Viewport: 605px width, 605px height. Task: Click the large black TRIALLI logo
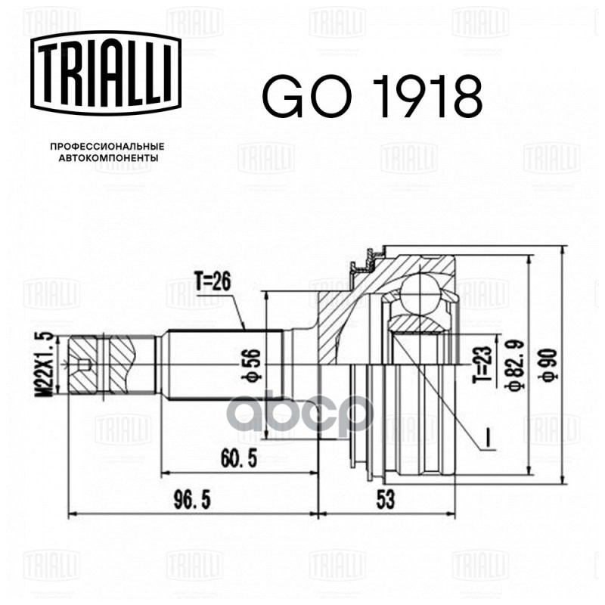pos(106,73)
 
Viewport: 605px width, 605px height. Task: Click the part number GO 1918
pos(372,96)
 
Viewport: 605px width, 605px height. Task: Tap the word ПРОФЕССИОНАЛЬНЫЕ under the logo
pos(107,147)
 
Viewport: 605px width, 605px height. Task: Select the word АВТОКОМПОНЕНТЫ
pos(108,158)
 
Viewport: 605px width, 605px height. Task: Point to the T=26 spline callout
pos(213,282)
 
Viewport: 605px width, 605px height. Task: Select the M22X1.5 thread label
pos(45,364)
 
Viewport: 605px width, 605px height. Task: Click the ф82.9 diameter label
pos(516,366)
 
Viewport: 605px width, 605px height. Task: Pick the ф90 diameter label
pos(550,365)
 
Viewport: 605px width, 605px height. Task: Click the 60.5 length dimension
pos(239,459)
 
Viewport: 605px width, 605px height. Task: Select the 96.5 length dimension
pos(192,500)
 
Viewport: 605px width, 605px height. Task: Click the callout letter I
pos(487,439)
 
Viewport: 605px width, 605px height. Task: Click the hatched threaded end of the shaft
pos(102,365)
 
